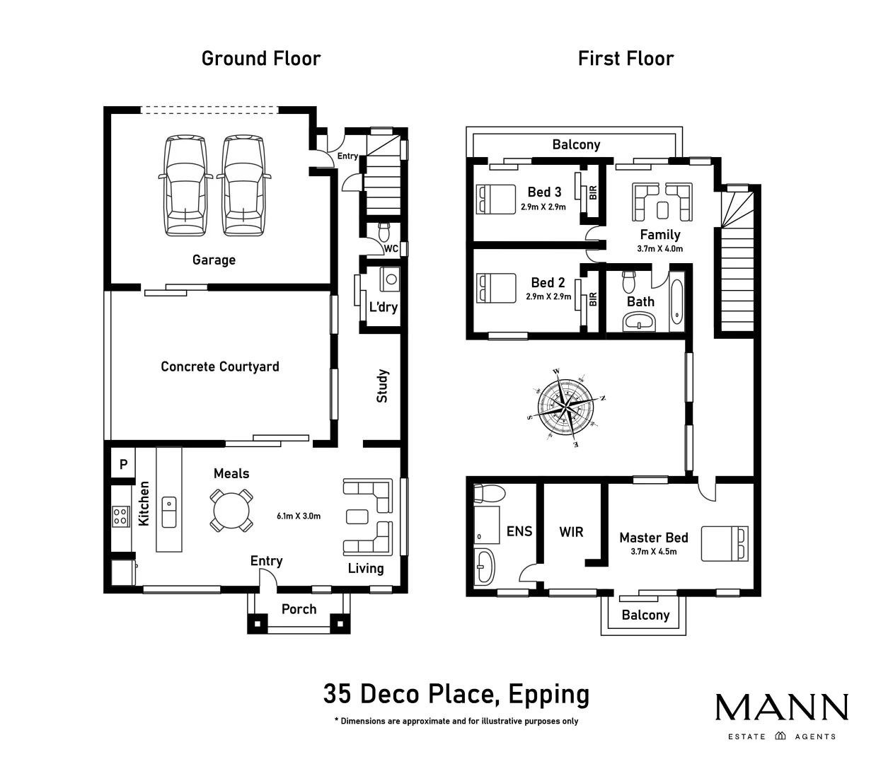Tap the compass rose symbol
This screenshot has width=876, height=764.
click(x=566, y=405)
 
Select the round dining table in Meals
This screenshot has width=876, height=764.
click(x=231, y=510)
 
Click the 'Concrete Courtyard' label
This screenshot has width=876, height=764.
click(x=219, y=366)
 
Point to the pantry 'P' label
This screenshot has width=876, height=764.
click(x=123, y=465)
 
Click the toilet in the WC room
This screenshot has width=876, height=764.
click(x=384, y=231)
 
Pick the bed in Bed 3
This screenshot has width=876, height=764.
click(x=496, y=199)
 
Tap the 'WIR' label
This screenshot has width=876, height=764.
click(x=571, y=531)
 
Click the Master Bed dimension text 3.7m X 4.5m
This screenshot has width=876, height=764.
click(x=653, y=552)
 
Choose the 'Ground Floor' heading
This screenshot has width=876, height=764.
click(x=260, y=58)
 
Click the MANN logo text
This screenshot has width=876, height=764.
click(x=781, y=707)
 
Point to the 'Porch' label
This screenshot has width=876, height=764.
click(x=299, y=609)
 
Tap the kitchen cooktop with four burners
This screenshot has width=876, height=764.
click(x=120, y=516)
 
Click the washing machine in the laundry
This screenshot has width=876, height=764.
click(x=390, y=279)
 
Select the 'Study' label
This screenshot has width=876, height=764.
click(x=382, y=386)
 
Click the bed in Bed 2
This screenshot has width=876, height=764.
click(x=496, y=289)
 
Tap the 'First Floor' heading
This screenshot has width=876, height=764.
click(x=626, y=58)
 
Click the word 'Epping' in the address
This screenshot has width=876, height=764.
click(x=548, y=694)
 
